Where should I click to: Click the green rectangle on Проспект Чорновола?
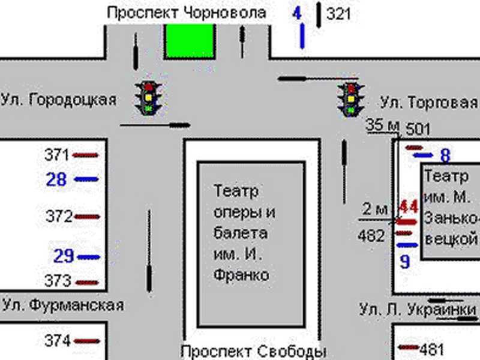point(190,41)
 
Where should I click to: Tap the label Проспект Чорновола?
point(186,13)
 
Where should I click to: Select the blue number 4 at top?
point(297,13)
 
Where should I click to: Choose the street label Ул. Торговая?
point(429,103)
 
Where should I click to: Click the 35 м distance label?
point(383,125)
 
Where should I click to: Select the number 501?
point(418,129)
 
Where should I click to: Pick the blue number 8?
point(445,156)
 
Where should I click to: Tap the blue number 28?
point(56,179)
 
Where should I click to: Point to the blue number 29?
point(64,256)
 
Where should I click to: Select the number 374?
point(58,341)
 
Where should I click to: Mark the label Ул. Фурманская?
point(62,305)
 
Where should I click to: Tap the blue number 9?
point(405,262)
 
